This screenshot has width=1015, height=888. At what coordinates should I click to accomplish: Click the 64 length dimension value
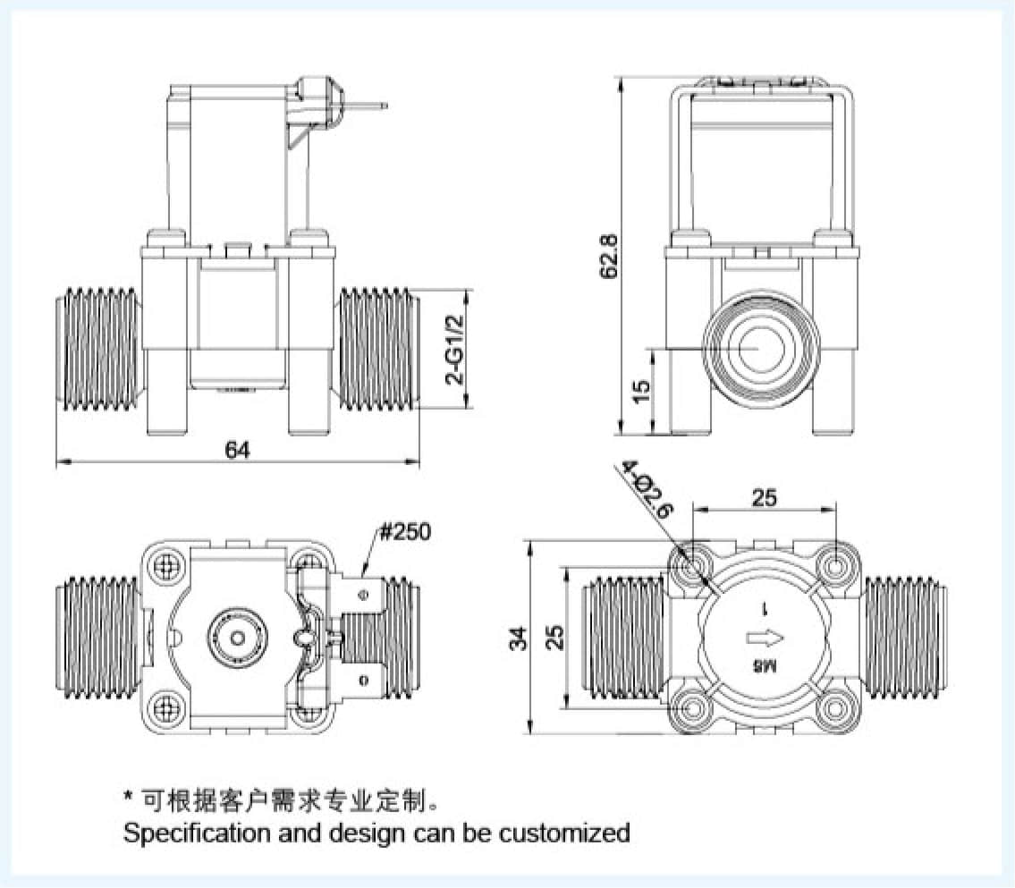point(237,450)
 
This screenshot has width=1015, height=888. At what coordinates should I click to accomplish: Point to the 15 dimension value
point(641,392)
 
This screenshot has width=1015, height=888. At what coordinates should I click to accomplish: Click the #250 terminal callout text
point(404,533)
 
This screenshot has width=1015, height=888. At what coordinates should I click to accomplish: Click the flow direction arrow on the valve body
point(765,638)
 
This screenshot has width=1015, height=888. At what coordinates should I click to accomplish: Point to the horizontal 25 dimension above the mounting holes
point(765,498)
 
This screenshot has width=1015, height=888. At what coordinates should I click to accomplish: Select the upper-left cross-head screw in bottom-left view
point(165,566)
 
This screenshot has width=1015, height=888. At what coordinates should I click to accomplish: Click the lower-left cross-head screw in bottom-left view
point(165,708)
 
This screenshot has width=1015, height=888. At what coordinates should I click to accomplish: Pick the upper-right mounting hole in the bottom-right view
point(836,566)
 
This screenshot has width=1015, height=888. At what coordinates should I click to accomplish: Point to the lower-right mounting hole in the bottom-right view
point(836,708)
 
